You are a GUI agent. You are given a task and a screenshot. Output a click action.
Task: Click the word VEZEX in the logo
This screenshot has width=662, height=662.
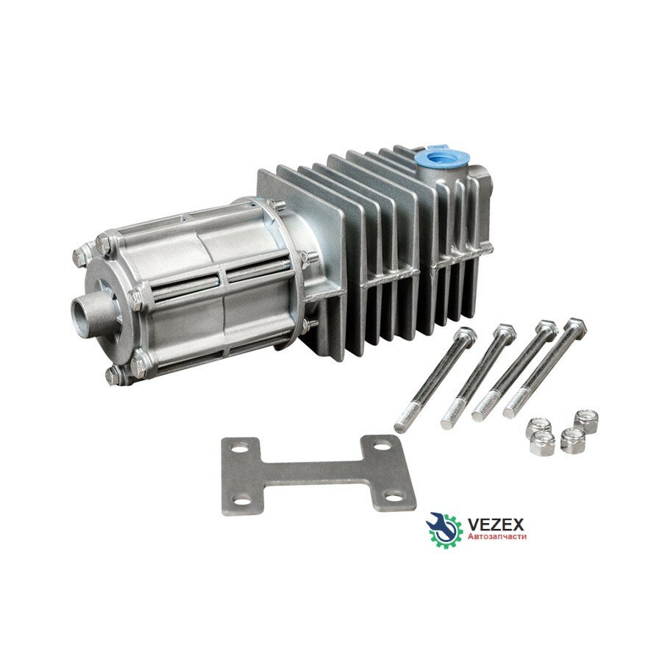(x=496, y=524)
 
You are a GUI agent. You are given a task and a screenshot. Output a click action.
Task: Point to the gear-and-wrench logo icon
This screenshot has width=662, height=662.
(x=444, y=527)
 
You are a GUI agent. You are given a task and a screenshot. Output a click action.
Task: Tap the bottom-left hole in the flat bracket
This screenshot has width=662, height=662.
(x=242, y=501)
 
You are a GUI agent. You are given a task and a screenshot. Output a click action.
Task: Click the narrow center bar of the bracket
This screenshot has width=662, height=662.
(x=313, y=473)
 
